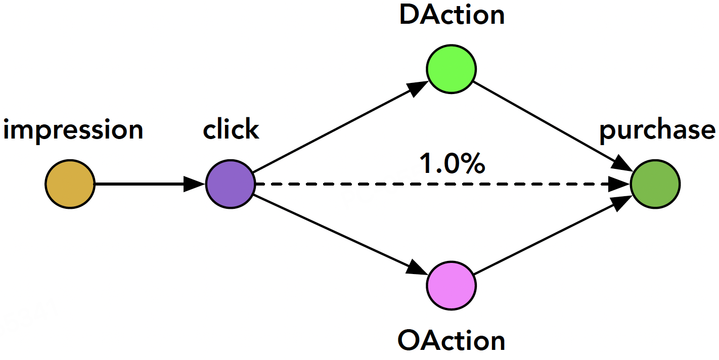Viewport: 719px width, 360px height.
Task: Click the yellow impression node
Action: tap(70, 184)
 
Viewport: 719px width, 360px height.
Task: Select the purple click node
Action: tap(231, 184)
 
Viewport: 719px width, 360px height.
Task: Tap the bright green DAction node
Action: tap(452, 69)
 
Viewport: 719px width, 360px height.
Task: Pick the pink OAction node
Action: tap(452, 286)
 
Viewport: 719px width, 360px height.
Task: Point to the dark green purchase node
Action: tap(655, 184)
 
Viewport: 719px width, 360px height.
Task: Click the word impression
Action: tap(73, 130)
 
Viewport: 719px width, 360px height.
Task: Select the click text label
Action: tap(231, 128)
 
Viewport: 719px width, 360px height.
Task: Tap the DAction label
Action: tap(452, 15)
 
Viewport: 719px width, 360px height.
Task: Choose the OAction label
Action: tap(452, 340)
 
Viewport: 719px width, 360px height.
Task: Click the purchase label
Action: tap(657, 130)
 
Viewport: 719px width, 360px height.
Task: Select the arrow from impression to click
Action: tap(150, 184)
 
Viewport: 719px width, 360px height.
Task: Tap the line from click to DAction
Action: tap(341, 126)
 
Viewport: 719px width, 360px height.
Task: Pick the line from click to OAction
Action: tap(341, 235)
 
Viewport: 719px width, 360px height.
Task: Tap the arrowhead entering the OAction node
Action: tap(417, 267)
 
